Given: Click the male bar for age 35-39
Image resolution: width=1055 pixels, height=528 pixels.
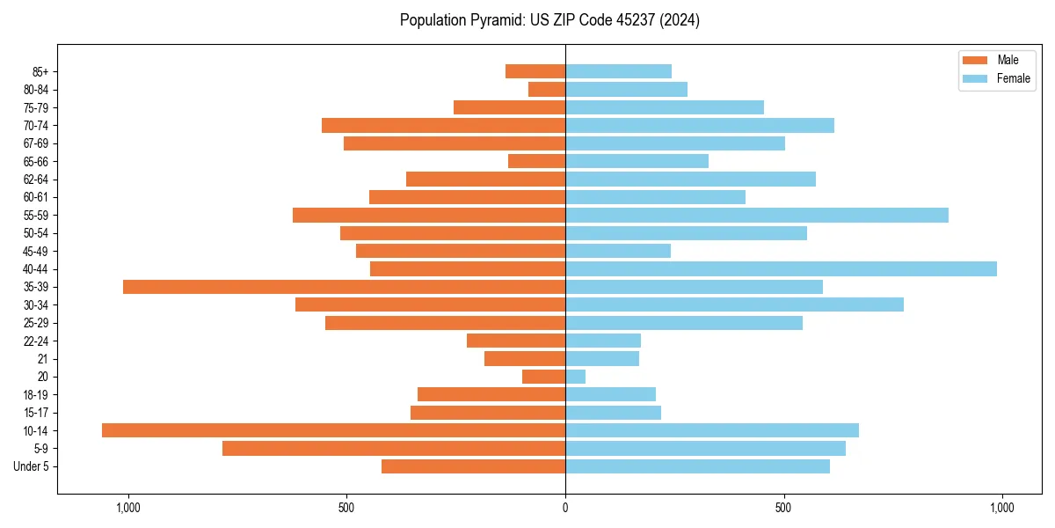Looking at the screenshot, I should (x=344, y=287).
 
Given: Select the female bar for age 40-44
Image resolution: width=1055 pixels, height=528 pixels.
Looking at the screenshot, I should (x=781, y=268).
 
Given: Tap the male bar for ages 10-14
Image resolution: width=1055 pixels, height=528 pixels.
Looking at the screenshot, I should (x=333, y=430).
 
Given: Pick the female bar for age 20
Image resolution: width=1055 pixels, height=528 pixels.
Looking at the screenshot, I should (x=576, y=377).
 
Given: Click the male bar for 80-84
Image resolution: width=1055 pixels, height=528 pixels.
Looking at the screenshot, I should (x=547, y=89).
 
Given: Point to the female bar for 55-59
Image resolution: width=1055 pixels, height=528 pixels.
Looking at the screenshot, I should (x=757, y=215).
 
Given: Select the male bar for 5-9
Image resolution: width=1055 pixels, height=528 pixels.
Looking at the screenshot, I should (x=394, y=448).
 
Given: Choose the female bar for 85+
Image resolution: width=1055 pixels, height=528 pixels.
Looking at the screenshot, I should (x=619, y=71).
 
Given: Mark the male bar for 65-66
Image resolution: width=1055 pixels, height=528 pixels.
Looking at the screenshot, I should (x=536, y=161).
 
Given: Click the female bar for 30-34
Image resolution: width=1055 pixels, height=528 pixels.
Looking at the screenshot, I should (x=734, y=304).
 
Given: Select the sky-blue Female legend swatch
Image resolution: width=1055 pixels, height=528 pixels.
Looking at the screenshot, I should (x=976, y=78).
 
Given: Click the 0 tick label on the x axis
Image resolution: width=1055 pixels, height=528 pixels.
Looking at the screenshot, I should (x=565, y=508).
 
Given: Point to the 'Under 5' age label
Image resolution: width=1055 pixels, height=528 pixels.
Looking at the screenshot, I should (x=31, y=466).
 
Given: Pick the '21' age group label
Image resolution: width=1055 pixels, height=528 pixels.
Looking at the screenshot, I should (x=42, y=359).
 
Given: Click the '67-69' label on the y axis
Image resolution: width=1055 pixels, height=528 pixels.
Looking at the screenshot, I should (x=36, y=143).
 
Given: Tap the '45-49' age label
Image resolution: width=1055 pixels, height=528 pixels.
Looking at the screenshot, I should (x=36, y=251).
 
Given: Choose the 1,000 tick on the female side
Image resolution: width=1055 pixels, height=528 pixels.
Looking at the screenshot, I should (x=1001, y=508).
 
